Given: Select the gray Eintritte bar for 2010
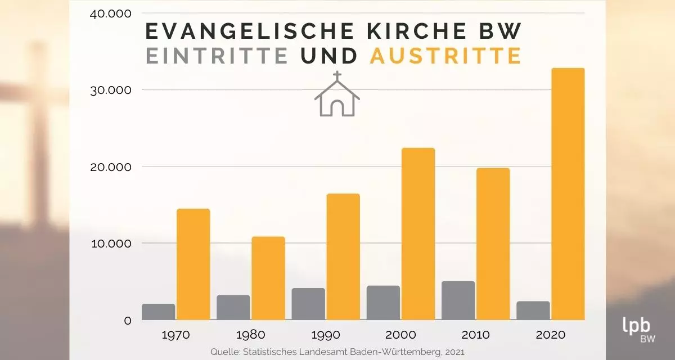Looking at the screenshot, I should click(458, 300).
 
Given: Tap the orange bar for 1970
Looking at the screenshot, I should click(193, 264).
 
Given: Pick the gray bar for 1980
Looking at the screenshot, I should click(233, 308).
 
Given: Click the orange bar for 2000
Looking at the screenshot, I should click(418, 234).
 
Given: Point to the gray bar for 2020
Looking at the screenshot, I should click(533, 310).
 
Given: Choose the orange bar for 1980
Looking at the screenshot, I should click(268, 278).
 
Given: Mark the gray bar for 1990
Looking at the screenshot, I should click(308, 304).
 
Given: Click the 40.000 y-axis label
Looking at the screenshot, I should click(110, 13).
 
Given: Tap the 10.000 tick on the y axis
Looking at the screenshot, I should click(110, 244).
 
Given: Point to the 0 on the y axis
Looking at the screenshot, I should click(128, 321).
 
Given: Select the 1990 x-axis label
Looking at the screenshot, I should click(326, 335).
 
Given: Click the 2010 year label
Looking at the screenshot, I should click(475, 335).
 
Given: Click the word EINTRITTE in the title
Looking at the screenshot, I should click(217, 56).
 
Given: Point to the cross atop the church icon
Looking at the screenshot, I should click(337, 76).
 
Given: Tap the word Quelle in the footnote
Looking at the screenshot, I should click(224, 352).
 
